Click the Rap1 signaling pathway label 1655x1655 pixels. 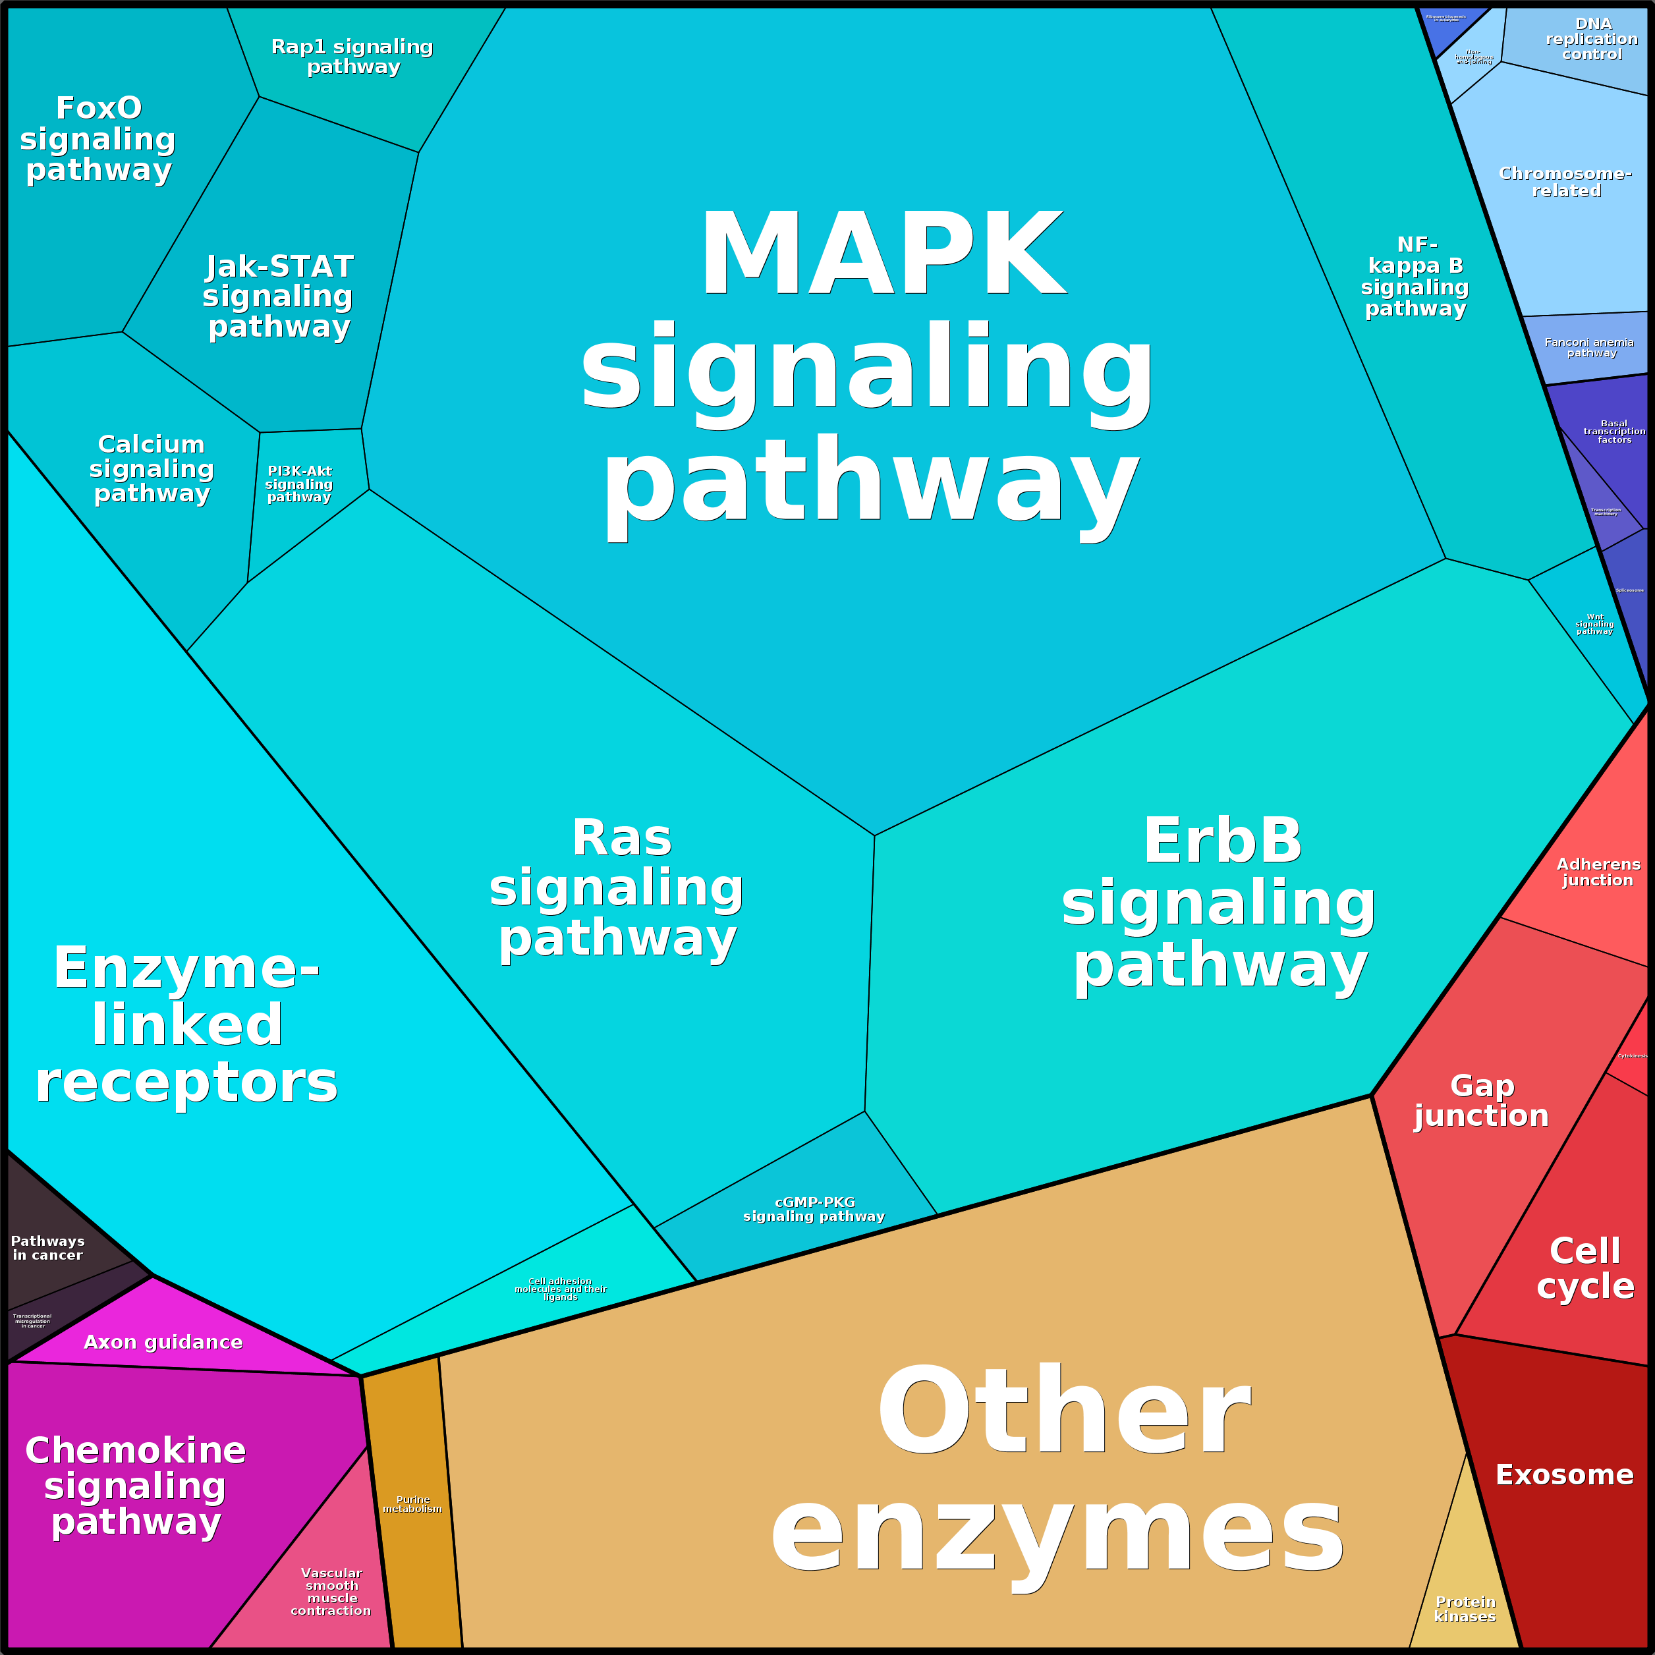click(352, 57)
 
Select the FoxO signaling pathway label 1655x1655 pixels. click(99, 139)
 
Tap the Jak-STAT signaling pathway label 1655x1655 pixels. click(279, 296)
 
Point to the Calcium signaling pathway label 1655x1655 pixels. click(152, 468)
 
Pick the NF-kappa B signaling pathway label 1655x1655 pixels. click(1415, 277)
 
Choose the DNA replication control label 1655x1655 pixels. click(1592, 40)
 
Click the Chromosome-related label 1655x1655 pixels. click(1565, 182)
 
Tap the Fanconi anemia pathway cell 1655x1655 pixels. click(1590, 347)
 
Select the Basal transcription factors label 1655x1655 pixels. click(1614, 431)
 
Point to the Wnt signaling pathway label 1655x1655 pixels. click(1594, 624)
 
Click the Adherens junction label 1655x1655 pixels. click(1598, 872)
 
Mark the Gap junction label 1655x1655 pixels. click(1482, 1101)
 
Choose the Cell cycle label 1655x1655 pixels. click(1585, 1268)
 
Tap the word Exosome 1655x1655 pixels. click(1564, 1474)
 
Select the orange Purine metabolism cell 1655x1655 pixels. click(413, 1504)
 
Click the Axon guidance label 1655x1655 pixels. click(163, 1342)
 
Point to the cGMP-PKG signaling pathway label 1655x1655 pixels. click(814, 1209)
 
